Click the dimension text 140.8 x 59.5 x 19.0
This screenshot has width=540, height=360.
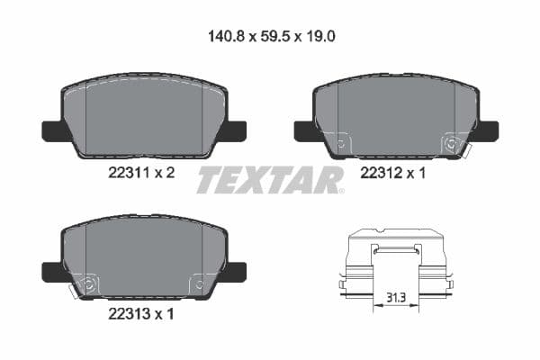point(270,38)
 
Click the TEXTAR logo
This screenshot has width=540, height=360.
point(270,179)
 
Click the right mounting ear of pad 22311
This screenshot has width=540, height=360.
point(235,130)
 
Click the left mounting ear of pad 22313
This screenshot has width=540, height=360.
point(51,270)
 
